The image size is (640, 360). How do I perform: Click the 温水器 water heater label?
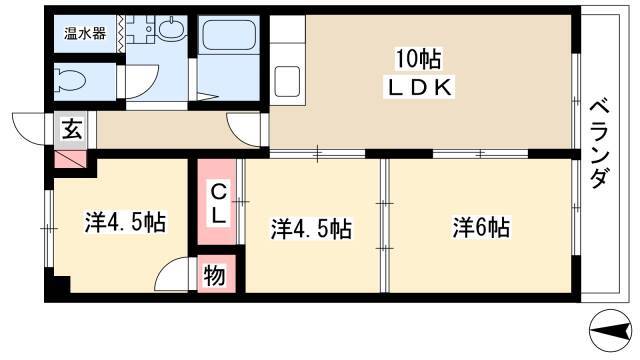coord(85,34)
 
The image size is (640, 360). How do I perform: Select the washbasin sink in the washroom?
coord(172,29)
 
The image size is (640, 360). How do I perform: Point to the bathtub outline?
coord(229,36)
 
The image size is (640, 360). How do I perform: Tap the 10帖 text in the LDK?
coord(418,60)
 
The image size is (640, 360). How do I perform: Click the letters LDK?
coord(419,88)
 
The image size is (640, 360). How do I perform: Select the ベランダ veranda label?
coord(600,145)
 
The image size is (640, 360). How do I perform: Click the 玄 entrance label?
coord(72,131)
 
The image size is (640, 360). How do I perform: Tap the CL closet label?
coord(218,203)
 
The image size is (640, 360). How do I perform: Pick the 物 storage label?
coord(215,275)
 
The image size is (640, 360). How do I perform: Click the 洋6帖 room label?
coord(481,228)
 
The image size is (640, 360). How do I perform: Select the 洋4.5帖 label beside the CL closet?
coord(311,229)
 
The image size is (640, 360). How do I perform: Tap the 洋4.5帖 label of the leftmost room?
coord(125,222)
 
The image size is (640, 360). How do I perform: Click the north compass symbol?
coord(611,330)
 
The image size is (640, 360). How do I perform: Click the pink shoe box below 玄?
coord(71,159)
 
